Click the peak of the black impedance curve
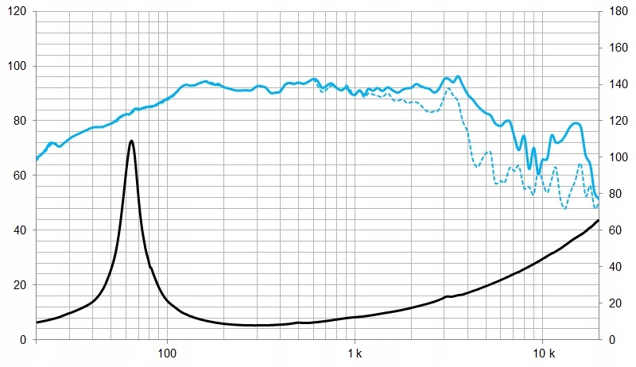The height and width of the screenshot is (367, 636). (x=131, y=141)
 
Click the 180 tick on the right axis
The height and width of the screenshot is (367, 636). (x=616, y=12)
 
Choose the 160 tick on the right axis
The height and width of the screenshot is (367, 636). (x=616, y=48)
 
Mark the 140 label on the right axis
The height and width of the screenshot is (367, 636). (x=616, y=85)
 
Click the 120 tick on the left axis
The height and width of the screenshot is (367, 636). (x=16, y=12)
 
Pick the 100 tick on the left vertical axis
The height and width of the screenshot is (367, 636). (x=16, y=67)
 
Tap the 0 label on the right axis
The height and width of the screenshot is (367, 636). (x=610, y=340)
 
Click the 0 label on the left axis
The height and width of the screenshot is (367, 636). (x=22, y=340)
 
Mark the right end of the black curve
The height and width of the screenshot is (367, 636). (x=599, y=220)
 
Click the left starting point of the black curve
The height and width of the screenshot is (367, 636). (x=37, y=323)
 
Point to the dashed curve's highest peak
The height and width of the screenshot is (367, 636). (x=448, y=88)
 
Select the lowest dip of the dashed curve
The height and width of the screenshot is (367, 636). (x=564, y=208)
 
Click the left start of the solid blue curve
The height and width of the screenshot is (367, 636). (x=37, y=160)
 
